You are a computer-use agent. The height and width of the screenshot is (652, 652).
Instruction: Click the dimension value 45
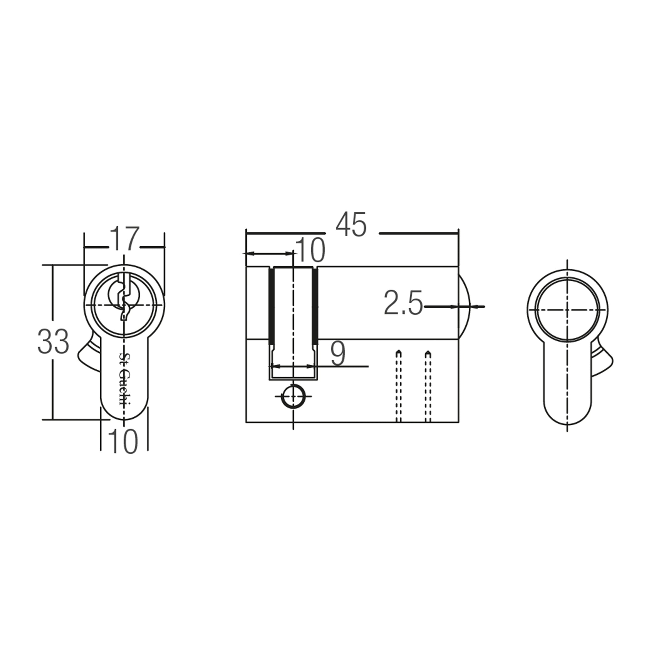[351, 225]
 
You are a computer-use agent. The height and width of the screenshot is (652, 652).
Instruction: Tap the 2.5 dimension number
[403, 303]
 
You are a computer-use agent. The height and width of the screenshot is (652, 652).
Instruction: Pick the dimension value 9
[338, 354]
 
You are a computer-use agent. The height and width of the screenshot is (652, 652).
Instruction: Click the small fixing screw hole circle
[293, 396]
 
